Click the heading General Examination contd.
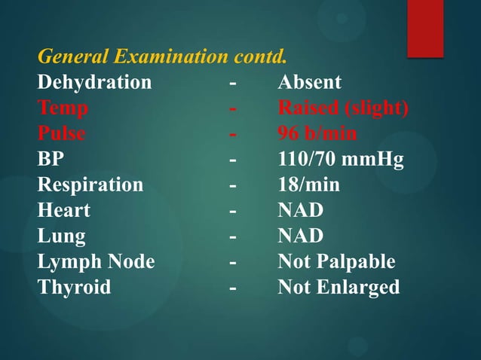[x=162, y=57]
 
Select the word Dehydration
[x=94, y=82]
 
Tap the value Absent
[x=309, y=82]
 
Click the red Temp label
[x=63, y=108]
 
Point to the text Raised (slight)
[x=343, y=108]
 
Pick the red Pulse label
[x=61, y=134]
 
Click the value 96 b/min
[x=317, y=134]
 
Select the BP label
[x=51, y=160]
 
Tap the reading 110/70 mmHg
[x=341, y=160]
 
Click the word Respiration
[x=90, y=185]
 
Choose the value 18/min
[x=308, y=185]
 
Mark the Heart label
[x=63, y=211]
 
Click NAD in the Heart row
[x=300, y=211]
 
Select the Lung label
[x=61, y=236]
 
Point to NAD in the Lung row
[x=300, y=236]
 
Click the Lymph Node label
[x=96, y=262]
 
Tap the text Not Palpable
[x=336, y=262]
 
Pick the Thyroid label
[x=74, y=288]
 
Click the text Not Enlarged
[x=339, y=288]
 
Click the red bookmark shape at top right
[x=425, y=27]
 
